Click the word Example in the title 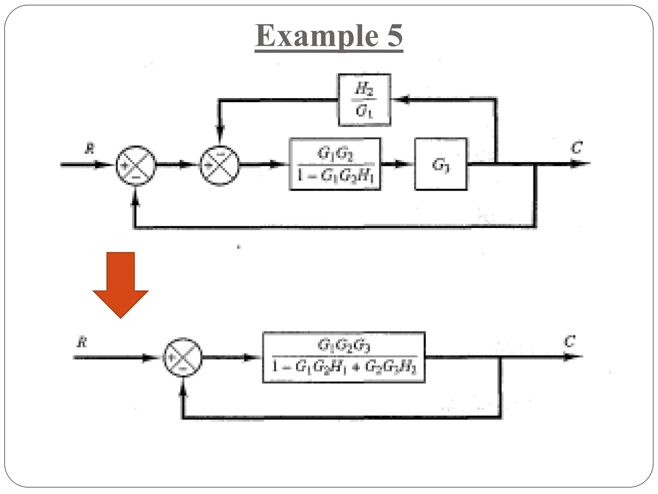point(316,36)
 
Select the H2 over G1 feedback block point(364,100)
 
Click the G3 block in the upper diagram point(440,164)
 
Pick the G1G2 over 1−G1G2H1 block point(335,164)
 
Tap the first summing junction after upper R point(136,165)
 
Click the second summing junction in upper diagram point(220,165)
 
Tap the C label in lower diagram point(569,342)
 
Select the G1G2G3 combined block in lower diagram point(344,357)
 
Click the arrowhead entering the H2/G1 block point(402,99)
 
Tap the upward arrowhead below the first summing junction point(136,200)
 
